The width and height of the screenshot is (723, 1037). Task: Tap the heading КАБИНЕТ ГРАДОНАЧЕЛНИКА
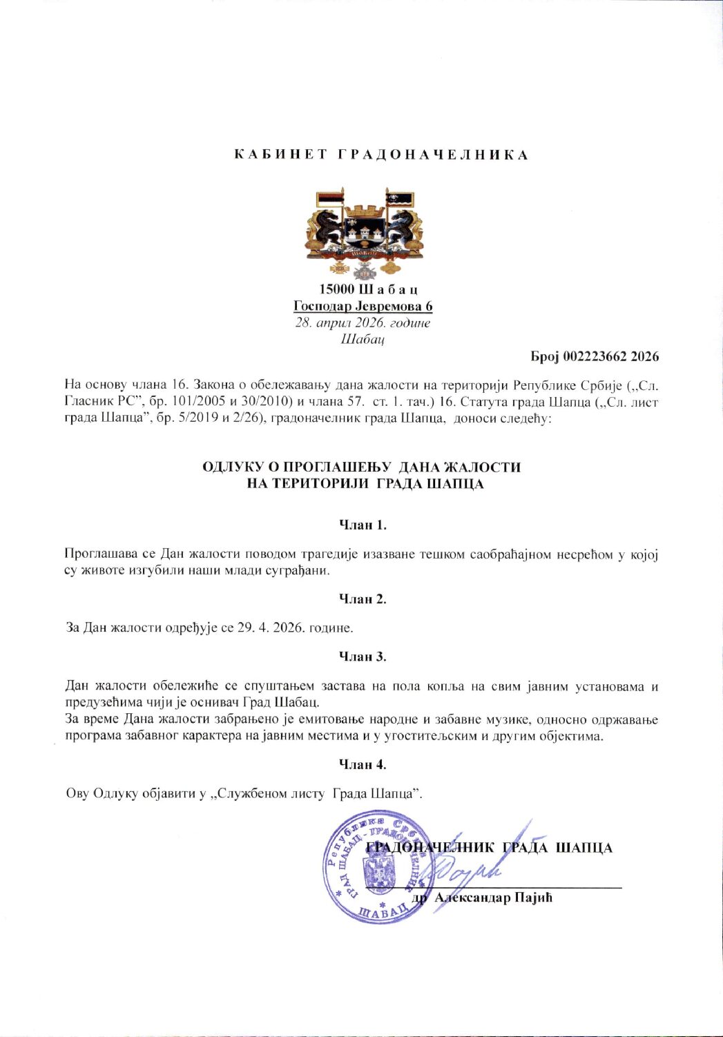click(381, 155)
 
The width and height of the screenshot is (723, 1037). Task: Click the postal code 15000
click(337, 289)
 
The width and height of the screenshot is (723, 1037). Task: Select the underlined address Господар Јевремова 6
click(363, 306)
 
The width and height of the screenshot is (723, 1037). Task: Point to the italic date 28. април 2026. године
click(363, 323)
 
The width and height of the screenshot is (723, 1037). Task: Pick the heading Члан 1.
click(363, 525)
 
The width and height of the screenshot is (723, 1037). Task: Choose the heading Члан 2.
click(363, 599)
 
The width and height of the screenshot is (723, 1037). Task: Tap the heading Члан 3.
click(363, 657)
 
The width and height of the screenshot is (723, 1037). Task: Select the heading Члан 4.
click(363, 764)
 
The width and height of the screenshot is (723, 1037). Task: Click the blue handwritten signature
click(476, 866)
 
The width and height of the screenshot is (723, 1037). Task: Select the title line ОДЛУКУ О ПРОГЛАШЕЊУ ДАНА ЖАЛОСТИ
click(361, 467)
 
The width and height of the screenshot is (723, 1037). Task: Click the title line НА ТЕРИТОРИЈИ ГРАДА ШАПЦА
click(365, 484)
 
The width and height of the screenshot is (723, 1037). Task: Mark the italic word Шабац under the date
click(363, 339)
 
